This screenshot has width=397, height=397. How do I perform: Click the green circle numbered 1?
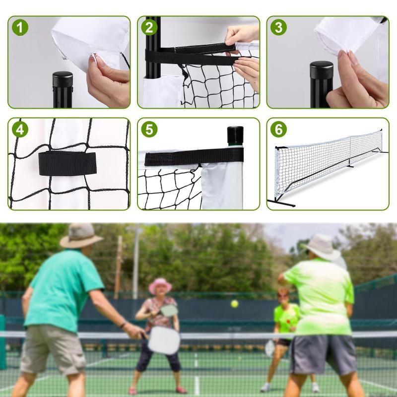click(x=20, y=27)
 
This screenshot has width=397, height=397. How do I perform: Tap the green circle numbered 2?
click(x=149, y=27)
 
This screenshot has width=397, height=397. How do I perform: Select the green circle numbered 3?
click(x=278, y=27)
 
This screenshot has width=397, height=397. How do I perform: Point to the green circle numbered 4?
click(x=20, y=130)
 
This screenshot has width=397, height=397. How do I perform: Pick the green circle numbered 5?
click(x=149, y=130)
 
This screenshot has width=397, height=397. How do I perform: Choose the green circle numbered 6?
click(x=278, y=130)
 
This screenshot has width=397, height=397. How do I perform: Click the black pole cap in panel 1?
click(x=63, y=79)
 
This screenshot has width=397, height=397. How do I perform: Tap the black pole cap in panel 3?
click(x=322, y=70)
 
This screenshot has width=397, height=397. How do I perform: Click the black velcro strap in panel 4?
click(x=67, y=163)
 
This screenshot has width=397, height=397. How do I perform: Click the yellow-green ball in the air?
click(x=234, y=303)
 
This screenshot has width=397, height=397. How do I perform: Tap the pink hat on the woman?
click(x=160, y=285)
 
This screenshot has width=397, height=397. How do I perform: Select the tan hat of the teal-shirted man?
click(x=80, y=235)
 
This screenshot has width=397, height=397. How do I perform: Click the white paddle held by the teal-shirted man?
click(x=164, y=340)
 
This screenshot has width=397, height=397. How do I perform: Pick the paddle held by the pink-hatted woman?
click(x=169, y=311)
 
